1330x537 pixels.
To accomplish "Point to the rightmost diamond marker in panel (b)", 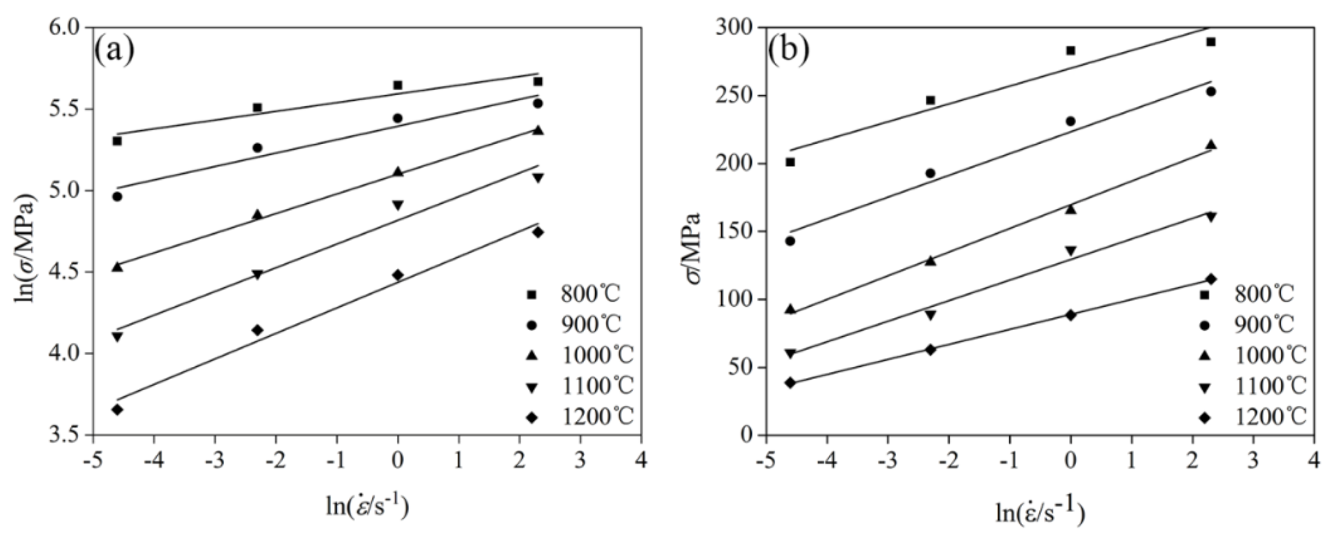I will [1211, 279].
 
